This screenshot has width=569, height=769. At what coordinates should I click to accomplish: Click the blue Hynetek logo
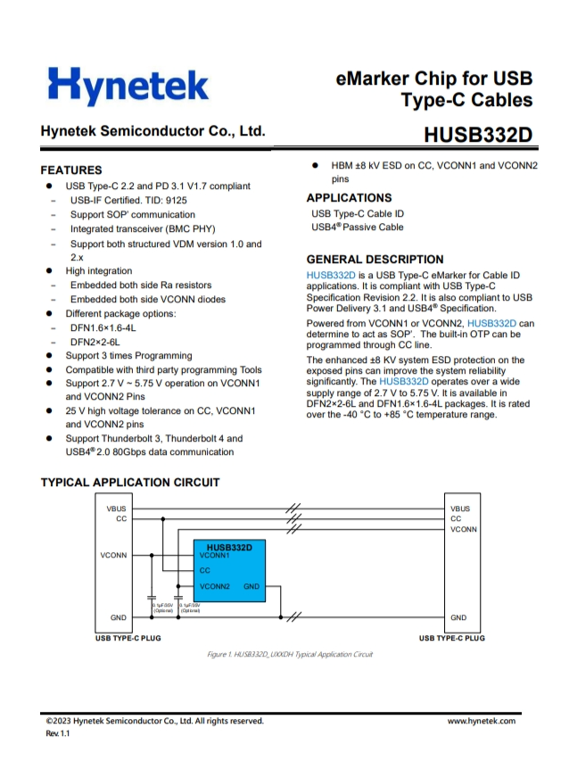coord(128,86)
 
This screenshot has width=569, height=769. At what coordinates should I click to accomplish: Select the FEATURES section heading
coord(71,170)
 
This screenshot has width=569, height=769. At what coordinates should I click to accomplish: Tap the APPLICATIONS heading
coord(349,197)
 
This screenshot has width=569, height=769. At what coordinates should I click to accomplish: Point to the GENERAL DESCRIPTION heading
coord(375,260)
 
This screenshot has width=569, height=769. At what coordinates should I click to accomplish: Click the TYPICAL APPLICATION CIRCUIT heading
coord(130,483)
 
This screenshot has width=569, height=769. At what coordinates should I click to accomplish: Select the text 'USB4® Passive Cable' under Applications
coord(357,227)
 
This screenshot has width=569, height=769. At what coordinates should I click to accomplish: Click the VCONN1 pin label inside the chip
coord(215,555)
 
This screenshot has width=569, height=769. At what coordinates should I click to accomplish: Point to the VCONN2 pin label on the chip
coord(215,586)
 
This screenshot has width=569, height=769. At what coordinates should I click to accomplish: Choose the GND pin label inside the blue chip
coord(251,586)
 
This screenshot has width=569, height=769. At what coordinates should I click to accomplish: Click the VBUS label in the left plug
coord(116,509)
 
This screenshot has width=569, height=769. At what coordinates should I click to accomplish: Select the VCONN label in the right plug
coord(464,529)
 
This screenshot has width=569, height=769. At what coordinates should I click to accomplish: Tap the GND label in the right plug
coord(458,617)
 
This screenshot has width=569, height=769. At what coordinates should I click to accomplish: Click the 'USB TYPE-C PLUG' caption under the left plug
coord(128,639)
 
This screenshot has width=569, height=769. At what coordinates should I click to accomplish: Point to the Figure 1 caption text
coord(290,655)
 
